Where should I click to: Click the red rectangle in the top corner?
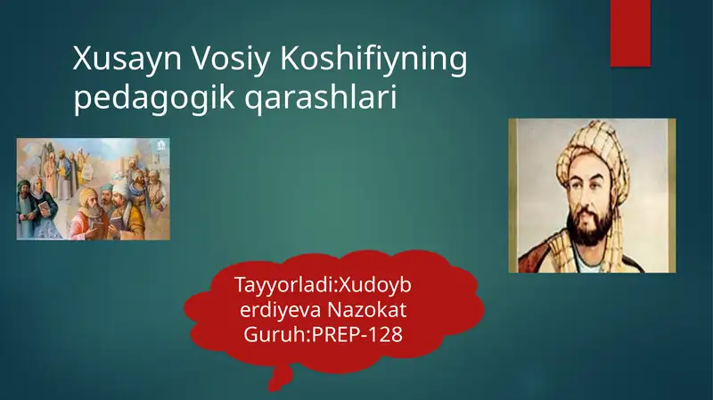pos(630,32)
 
